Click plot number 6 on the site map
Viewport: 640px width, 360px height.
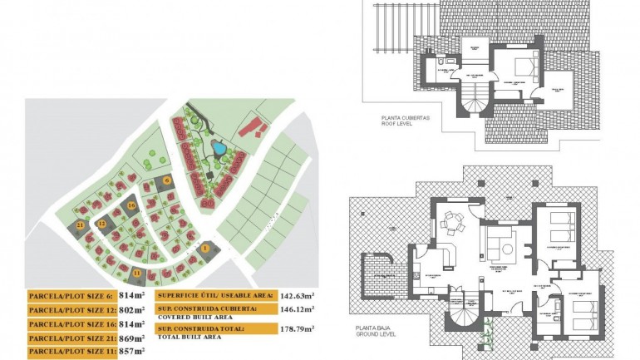pyautogui.click(x=166, y=180)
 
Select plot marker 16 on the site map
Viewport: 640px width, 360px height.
pyautogui.click(x=130, y=205)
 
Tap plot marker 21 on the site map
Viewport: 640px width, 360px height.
pyautogui.click(x=81, y=225)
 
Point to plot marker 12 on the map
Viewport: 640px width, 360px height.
pyautogui.click(x=101, y=224)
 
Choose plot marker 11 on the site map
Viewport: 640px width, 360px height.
pyautogui.click(x=136, y=272)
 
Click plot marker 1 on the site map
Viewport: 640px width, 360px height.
pyautogui.click(x=204, y=247)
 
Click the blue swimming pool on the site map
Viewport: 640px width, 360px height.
pyautogui.click(x=219, y=149)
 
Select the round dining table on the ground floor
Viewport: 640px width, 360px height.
pyautogui.click(x=452, y=222)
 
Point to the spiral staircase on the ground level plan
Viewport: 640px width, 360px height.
pyautogui.click(x=465, y=315)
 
